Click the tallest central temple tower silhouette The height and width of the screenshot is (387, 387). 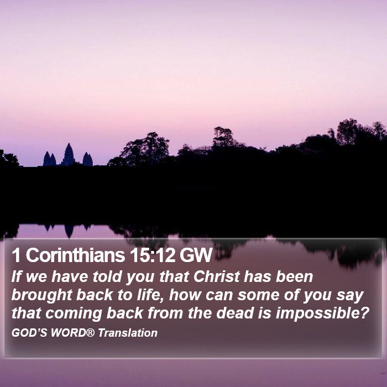(x=68, y=154)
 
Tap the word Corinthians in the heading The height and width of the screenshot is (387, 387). (x=75, y=255)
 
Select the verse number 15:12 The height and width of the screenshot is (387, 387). (x=153, y=255)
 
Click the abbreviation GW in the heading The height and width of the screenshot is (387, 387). (x=196, y=255)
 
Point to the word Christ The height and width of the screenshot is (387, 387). (x=217, y=276)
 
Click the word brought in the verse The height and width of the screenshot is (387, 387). (x=42, y=295)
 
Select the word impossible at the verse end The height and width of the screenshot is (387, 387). (x=322, y=313)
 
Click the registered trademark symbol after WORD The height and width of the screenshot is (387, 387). (x=90, y=332)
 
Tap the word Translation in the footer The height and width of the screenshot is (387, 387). (x=128, y=333)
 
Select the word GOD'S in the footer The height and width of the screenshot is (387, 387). (x=29, y=333)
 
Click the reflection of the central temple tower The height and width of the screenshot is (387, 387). (x=69, y=231)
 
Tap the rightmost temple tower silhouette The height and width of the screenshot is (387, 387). (x=87, y=159)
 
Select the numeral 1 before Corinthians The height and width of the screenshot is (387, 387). (x=16, y=255)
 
